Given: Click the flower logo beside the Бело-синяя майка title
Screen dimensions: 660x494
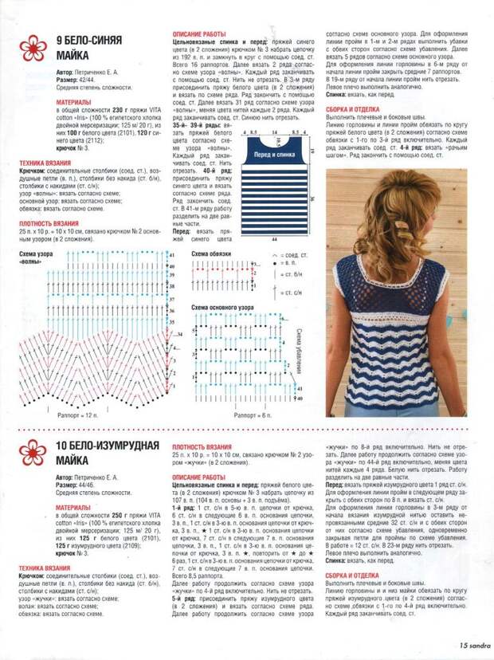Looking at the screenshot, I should pos(32,48).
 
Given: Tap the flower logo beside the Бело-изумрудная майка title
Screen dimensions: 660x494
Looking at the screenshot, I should pos(32,452).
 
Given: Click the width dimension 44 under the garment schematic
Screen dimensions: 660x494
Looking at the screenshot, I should pos(273,238).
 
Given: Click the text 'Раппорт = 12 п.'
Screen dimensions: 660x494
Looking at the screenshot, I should pos(78,415).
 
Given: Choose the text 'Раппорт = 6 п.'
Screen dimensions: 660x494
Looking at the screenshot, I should pos(254,415).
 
